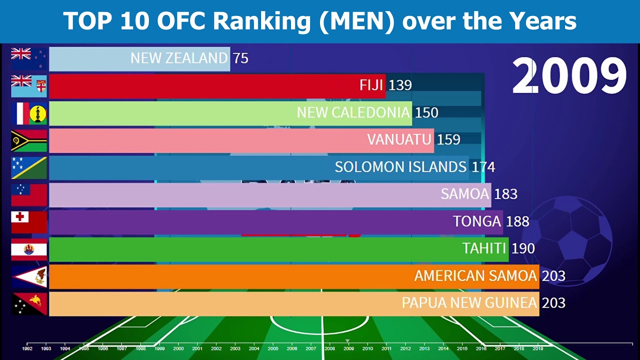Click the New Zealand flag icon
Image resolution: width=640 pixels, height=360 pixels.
click(x=29, y=58)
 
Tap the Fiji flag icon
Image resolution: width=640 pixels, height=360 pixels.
click(x=29, y=86)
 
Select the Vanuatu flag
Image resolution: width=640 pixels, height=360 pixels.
click(x=29, y=140)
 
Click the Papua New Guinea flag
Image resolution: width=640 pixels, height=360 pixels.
click(x=29, y=303)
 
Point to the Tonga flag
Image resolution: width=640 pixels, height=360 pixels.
click(x=29, y=222)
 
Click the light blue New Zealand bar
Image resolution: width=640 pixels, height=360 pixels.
click(x=90, y=58)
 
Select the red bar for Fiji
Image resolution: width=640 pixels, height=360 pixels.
click(x=200, y=86)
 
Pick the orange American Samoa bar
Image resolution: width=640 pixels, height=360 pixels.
click(x=225, y=276)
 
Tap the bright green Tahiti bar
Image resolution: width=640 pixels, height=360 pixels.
click(x=250, y=249)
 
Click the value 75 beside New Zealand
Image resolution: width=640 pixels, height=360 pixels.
click(x=240, y=58)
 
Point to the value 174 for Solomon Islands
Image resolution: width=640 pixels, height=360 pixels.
click(x=483, y=167)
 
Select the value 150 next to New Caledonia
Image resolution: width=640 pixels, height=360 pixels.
click(x=426, y=113)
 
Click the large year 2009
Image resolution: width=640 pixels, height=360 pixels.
click(x=569, y=76)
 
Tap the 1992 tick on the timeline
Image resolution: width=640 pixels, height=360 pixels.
click(x=27, y=348)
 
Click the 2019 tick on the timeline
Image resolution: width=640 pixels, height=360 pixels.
click(x=538, y=348)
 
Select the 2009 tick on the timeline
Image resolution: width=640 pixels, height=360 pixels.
click(x=348, y=348)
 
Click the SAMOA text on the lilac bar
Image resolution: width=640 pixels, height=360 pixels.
click(x=464, y=194)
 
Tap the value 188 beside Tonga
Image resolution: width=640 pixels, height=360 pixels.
click(x=517, y=221)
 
